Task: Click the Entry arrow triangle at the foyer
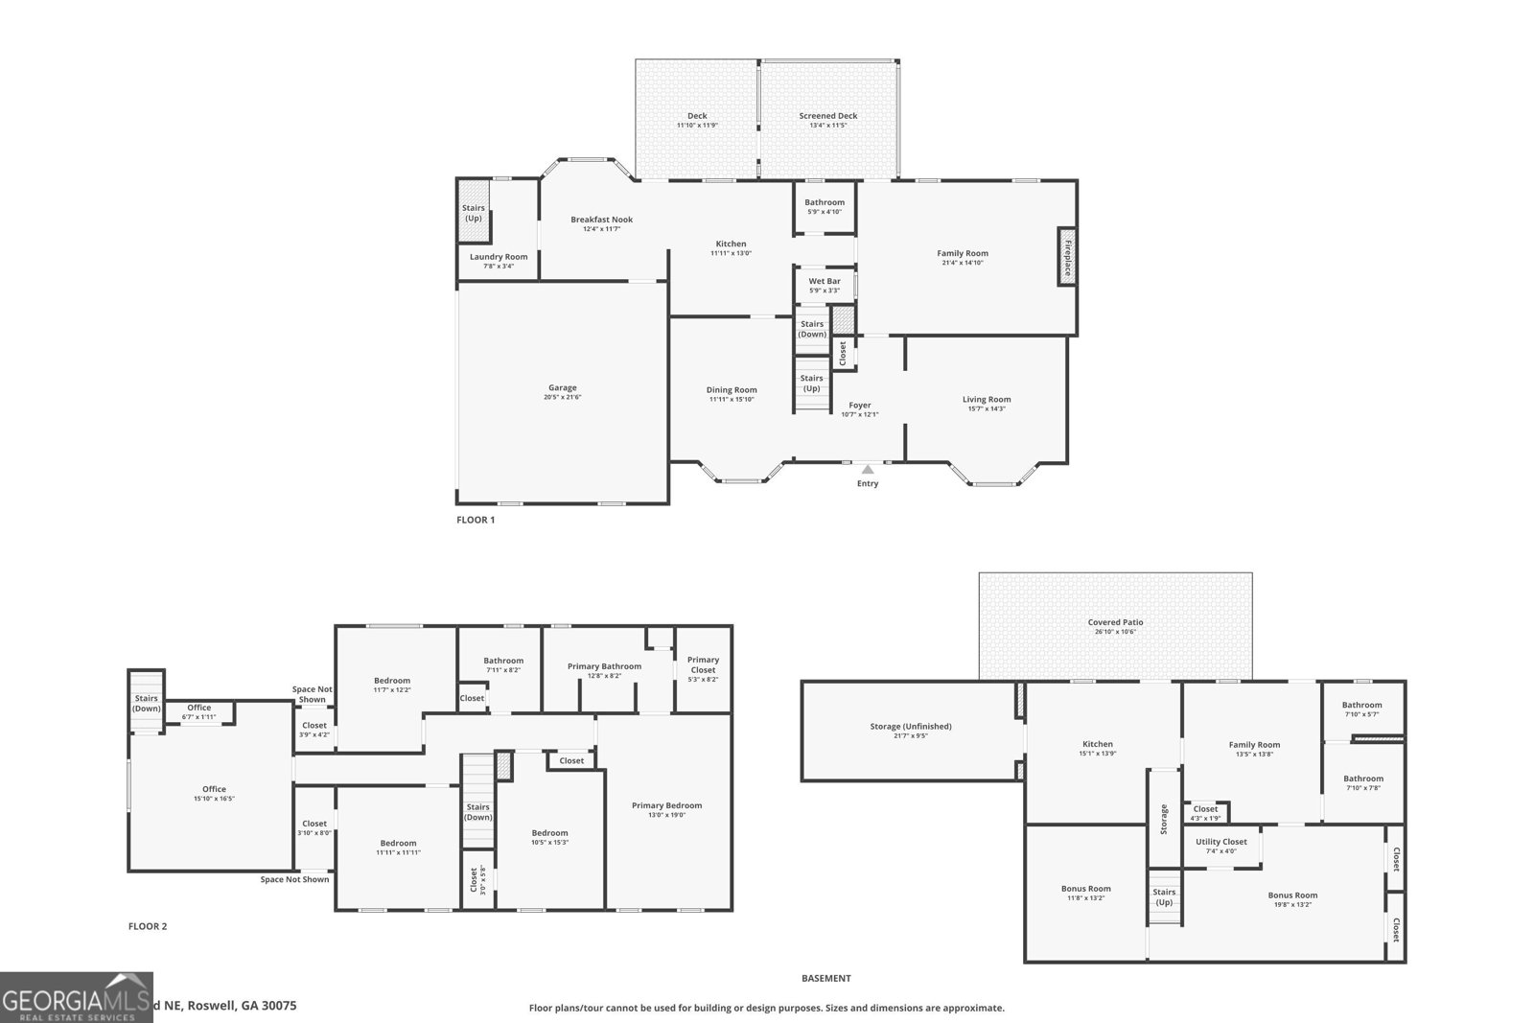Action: pos(867,469)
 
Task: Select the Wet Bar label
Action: pos(825,281)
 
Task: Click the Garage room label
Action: pos(563,387)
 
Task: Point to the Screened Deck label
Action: pos(828,116)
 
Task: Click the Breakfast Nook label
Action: pos(601,220)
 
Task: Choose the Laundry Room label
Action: pos(499,256)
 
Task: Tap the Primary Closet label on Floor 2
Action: pos(703,664)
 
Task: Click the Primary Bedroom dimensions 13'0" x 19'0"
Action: pos(666,815)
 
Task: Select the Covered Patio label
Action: pos(1115,622)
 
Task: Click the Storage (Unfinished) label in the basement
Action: pos(911,726)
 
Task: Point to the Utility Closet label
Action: pos(1220,841)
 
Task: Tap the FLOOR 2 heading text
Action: pos(148,926)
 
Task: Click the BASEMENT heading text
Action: pos(825,978)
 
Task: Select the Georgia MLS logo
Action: pos(77,997)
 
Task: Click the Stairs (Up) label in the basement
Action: pos(1164,896)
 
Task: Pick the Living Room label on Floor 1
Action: pos(987,399)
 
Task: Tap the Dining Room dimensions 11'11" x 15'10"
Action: pos(732,399)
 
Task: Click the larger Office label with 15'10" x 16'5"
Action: pos(214,789)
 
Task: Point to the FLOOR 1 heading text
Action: pos(476,520)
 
